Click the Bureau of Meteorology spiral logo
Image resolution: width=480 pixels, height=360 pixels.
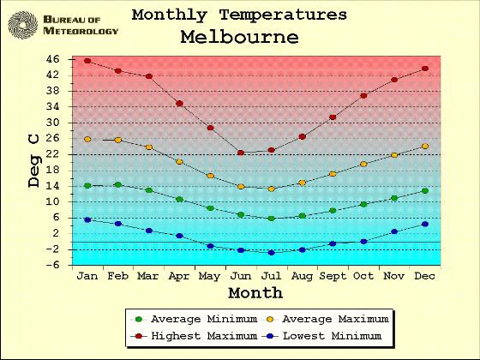click(x=24, y=24)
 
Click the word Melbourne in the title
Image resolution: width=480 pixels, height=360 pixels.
click(x=239, y=38)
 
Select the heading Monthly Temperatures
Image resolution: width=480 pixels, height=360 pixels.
click(x=239, y=15)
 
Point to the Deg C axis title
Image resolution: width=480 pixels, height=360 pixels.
click(x=33, y=160)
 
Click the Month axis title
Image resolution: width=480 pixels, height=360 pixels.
click(x=255, y=293)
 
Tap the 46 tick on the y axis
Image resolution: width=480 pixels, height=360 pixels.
click(x=52, y=59)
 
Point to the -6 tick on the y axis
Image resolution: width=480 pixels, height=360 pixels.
click(x=52, y=265)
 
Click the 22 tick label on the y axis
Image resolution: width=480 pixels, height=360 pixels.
click(x=52, y=154)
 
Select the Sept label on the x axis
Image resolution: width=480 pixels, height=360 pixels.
click(x=333, y=276)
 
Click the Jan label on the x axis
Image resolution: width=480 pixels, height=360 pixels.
click(x=87, y=276)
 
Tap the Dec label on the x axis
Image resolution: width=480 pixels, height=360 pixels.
click(x=424, y=276)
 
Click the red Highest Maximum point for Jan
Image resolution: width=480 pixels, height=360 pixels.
click(x=87, y=61)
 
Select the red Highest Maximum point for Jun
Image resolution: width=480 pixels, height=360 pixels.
click(x=241, y=153)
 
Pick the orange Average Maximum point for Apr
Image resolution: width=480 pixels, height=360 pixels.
click(x=179, y=161)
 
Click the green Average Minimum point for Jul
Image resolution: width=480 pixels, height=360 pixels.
click(x=272, y=219)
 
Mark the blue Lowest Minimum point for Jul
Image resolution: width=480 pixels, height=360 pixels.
click(x=272, y=253)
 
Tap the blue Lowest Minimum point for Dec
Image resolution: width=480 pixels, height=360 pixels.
click(x=424, y=224)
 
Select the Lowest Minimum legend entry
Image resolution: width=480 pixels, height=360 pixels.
click(x=327, y=335)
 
